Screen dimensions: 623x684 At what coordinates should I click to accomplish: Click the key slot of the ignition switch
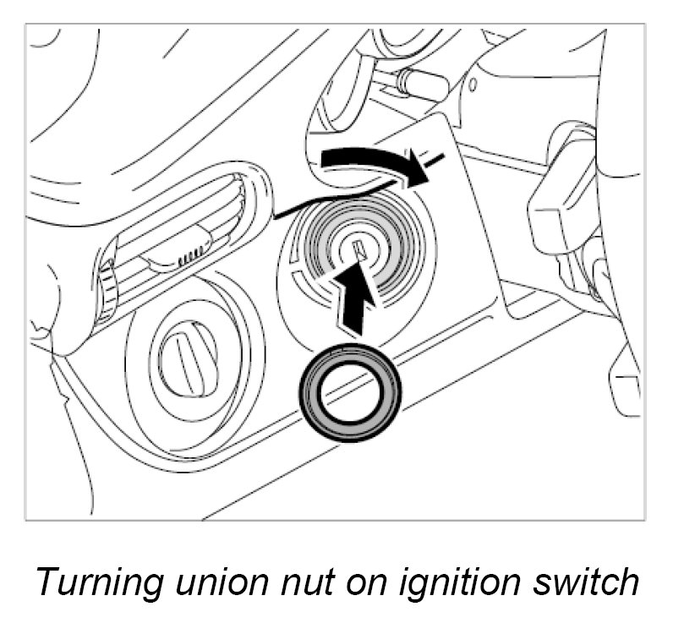point(358,250)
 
